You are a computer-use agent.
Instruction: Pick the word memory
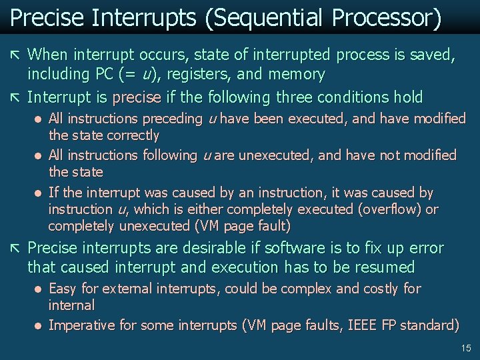(294, 74)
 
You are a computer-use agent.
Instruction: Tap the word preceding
(172, 119)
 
